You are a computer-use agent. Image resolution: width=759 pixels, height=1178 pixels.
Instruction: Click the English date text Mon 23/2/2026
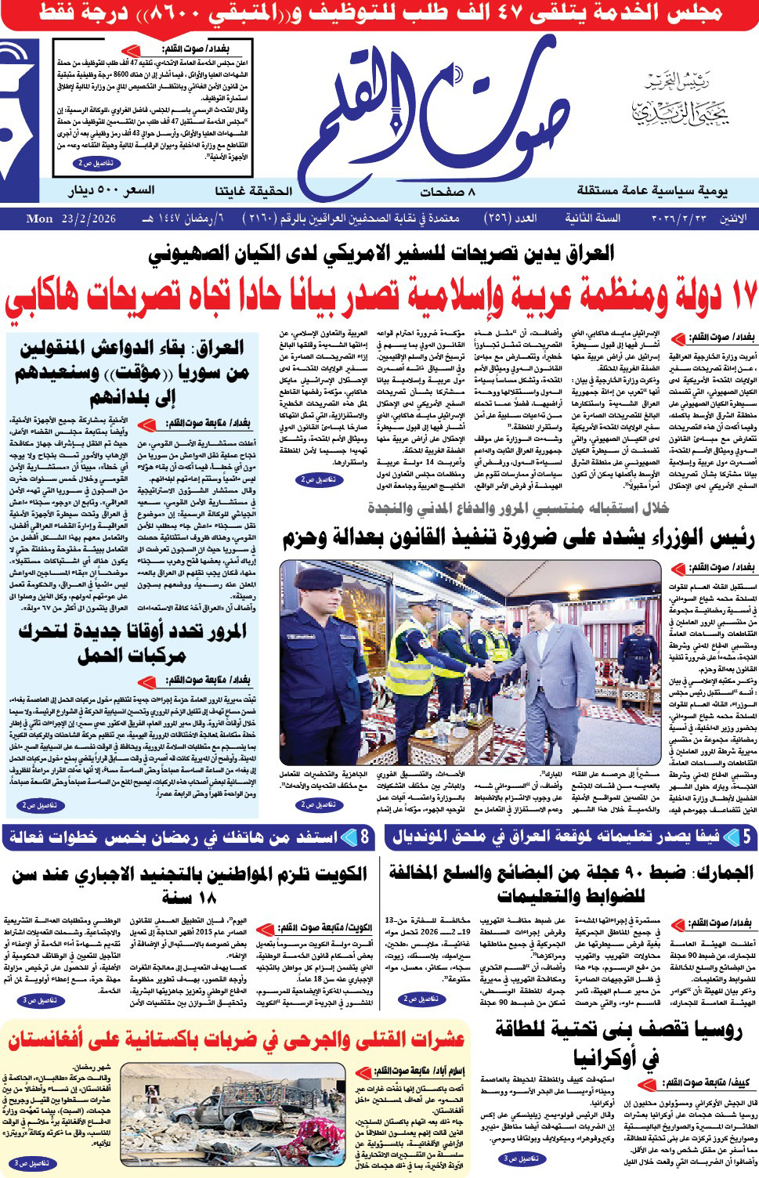point(71,219)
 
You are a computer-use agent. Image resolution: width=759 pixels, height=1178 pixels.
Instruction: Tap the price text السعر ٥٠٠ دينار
point(110,190)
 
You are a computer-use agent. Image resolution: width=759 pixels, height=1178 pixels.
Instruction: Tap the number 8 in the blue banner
point(364,837)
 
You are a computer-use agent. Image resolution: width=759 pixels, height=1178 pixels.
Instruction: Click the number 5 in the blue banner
point(746,837)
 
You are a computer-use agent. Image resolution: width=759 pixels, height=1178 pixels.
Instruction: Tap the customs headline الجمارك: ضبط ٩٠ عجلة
point(571,883)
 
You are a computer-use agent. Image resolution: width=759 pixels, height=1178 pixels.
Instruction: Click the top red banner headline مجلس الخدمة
point(380,13)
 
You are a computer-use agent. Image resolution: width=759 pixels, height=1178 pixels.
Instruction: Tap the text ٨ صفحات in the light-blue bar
point(447,190)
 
